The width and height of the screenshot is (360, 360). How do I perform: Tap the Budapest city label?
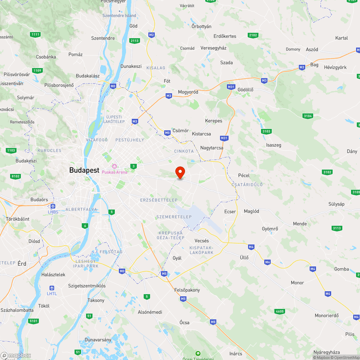84,170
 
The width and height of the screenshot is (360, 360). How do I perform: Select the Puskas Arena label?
114,172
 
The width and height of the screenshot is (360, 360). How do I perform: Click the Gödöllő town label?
246,89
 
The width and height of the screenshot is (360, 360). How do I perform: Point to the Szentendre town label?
103,38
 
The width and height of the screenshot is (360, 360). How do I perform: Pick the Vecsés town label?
202,240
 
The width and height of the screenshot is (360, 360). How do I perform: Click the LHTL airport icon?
52,288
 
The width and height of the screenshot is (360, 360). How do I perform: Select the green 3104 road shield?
308,116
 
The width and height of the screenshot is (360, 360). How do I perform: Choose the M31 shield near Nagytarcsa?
224,138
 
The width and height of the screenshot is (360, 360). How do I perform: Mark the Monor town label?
297,283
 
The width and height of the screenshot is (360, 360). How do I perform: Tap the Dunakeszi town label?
131,66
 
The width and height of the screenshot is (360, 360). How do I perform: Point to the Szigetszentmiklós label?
87,286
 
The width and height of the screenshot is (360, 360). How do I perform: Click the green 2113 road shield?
135,41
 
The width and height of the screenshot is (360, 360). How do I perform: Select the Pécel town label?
244,175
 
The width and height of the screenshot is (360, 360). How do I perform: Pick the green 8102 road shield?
15,176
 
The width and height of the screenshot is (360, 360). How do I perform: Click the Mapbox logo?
16,355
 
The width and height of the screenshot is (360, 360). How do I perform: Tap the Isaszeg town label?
274,145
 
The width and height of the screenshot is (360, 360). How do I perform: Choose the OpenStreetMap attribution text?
345,357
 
